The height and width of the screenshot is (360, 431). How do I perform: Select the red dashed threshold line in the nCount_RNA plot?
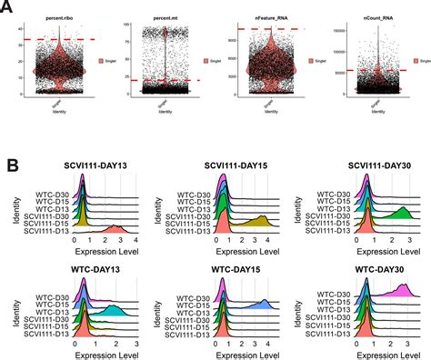[x=364, y=70]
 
